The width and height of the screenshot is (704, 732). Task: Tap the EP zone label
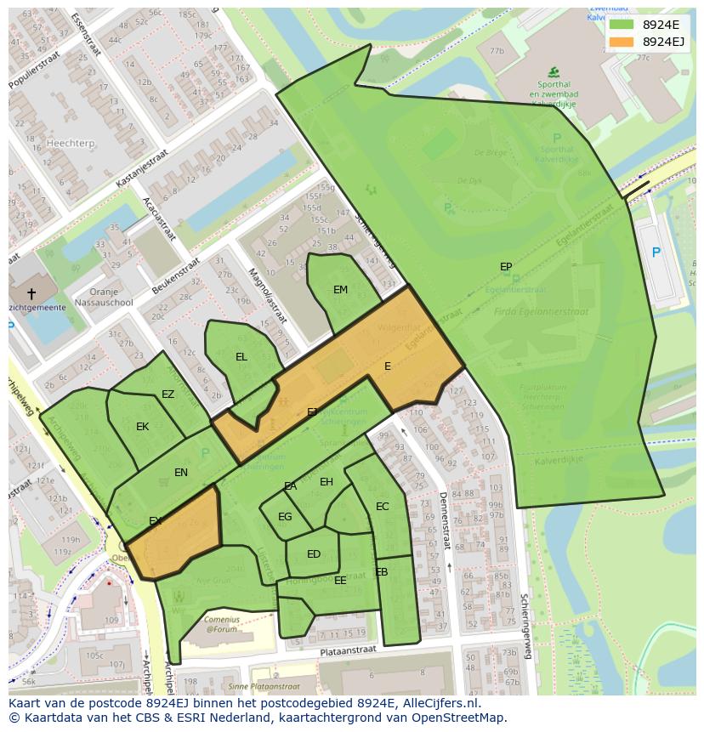click(506, 267)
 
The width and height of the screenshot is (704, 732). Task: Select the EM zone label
click(340, 290)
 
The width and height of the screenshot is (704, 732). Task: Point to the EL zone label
click(241, 357)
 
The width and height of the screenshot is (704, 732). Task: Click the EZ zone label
click(167, 394)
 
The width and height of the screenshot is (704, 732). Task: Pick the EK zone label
click(143, 427)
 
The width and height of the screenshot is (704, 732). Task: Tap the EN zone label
click(181, 473)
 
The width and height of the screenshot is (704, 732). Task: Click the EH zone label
click(326, 482)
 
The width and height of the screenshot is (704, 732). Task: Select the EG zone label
click(285, 517)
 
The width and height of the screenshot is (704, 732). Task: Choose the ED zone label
click(314, 554)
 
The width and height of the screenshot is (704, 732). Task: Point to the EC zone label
click(382, 507)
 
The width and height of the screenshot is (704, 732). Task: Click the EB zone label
click(381, 572)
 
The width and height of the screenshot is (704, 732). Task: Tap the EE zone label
click(340, 581)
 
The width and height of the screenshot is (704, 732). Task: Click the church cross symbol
click(31, 293)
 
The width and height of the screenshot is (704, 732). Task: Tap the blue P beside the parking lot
click(656, 253)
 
